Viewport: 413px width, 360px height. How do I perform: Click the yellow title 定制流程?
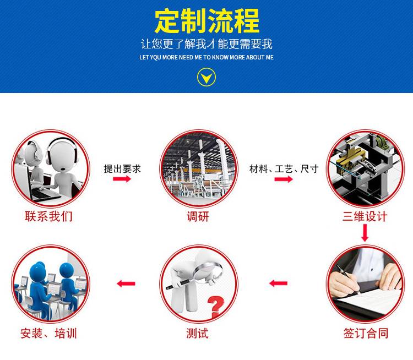[x=206, y=21]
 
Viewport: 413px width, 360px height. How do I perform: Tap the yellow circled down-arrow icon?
[x=206, y=77]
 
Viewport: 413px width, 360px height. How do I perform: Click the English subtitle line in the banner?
[x=206, y=57]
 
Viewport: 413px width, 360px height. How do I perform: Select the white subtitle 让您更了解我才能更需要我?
[x=206, y=43]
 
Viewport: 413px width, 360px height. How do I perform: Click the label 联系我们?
[x=48, y=216]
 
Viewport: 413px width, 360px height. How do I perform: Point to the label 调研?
[x=198, y=216]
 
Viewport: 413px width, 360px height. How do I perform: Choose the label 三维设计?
[x=365, y=216]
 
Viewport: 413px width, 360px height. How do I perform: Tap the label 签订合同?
[x=366, y=334]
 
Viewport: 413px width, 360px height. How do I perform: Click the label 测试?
[x=197, y=334]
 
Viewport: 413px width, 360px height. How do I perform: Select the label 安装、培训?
[x=48, y=334]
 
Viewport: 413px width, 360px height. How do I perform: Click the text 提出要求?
[x=122, y=169]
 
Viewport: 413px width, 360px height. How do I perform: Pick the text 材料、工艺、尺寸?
[x=284, y=169]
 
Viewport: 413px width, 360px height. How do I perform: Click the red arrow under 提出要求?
[x=122, y=179]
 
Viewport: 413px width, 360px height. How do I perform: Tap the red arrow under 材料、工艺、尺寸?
[x=284, y=179]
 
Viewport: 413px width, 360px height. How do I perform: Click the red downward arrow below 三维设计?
[x=365, y=233]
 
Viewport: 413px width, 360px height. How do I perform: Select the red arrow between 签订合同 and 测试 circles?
[x=279, y=283]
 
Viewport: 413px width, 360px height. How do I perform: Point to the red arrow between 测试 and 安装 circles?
[x=126, y=283]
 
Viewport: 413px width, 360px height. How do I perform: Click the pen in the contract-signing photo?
[x=348, y=279]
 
